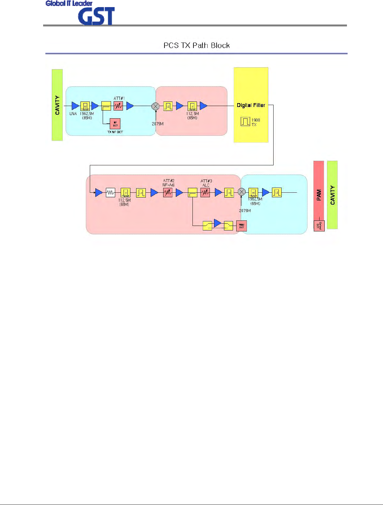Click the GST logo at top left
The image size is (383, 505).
pyautogui.click(x=96, y=16)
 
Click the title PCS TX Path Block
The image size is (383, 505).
pyautogui.click(x=196, y=45)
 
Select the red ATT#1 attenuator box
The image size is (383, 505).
pyautogui.click(x=118, y=106)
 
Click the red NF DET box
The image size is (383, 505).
pyautogui.click(x=115, y=124)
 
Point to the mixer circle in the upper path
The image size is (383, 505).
pyautogui.click(x=155, y=106)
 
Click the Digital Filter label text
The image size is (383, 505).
pyautogui.click(x=251, y=105)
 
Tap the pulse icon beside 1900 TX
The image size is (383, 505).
pyautogui.click(x=245, y=121)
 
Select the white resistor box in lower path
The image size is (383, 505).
pyautogui.click(x=110, y=193)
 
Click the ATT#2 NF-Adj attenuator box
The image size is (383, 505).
pyautogui.click(x=168, y=193)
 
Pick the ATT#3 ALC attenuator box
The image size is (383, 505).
pyautogui.click(x=205, y=193)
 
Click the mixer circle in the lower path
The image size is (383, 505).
pyautogui.click(x=242, y=192)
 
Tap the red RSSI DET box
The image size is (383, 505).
pyautogui.click(x=241, y=226)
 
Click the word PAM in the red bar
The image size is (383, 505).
pyautogui.click(x=319, y=195)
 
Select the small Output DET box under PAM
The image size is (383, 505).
pyautogui.click(x=319, y=226)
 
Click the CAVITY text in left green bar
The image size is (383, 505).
pyautogui.click(x=57, y=105)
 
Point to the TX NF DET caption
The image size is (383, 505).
pyautogui.click(x=115, y=132)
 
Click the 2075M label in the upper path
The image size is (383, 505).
pyautogui.click(x=158, y=124)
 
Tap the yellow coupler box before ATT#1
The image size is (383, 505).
pyautogui.click(x=106, y=106)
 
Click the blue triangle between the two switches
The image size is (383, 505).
pyautogui.click(x=218, y=223)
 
